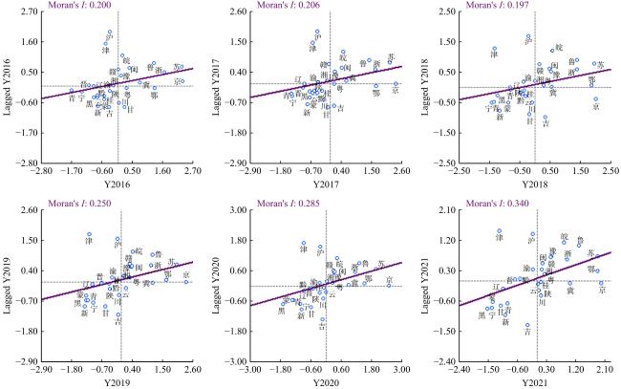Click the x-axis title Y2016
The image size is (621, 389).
click(118, 184)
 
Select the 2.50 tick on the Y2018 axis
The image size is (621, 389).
click(610, 172)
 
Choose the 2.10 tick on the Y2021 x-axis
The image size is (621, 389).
click(603, 369)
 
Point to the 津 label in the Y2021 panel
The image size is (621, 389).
click(499, 237)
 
